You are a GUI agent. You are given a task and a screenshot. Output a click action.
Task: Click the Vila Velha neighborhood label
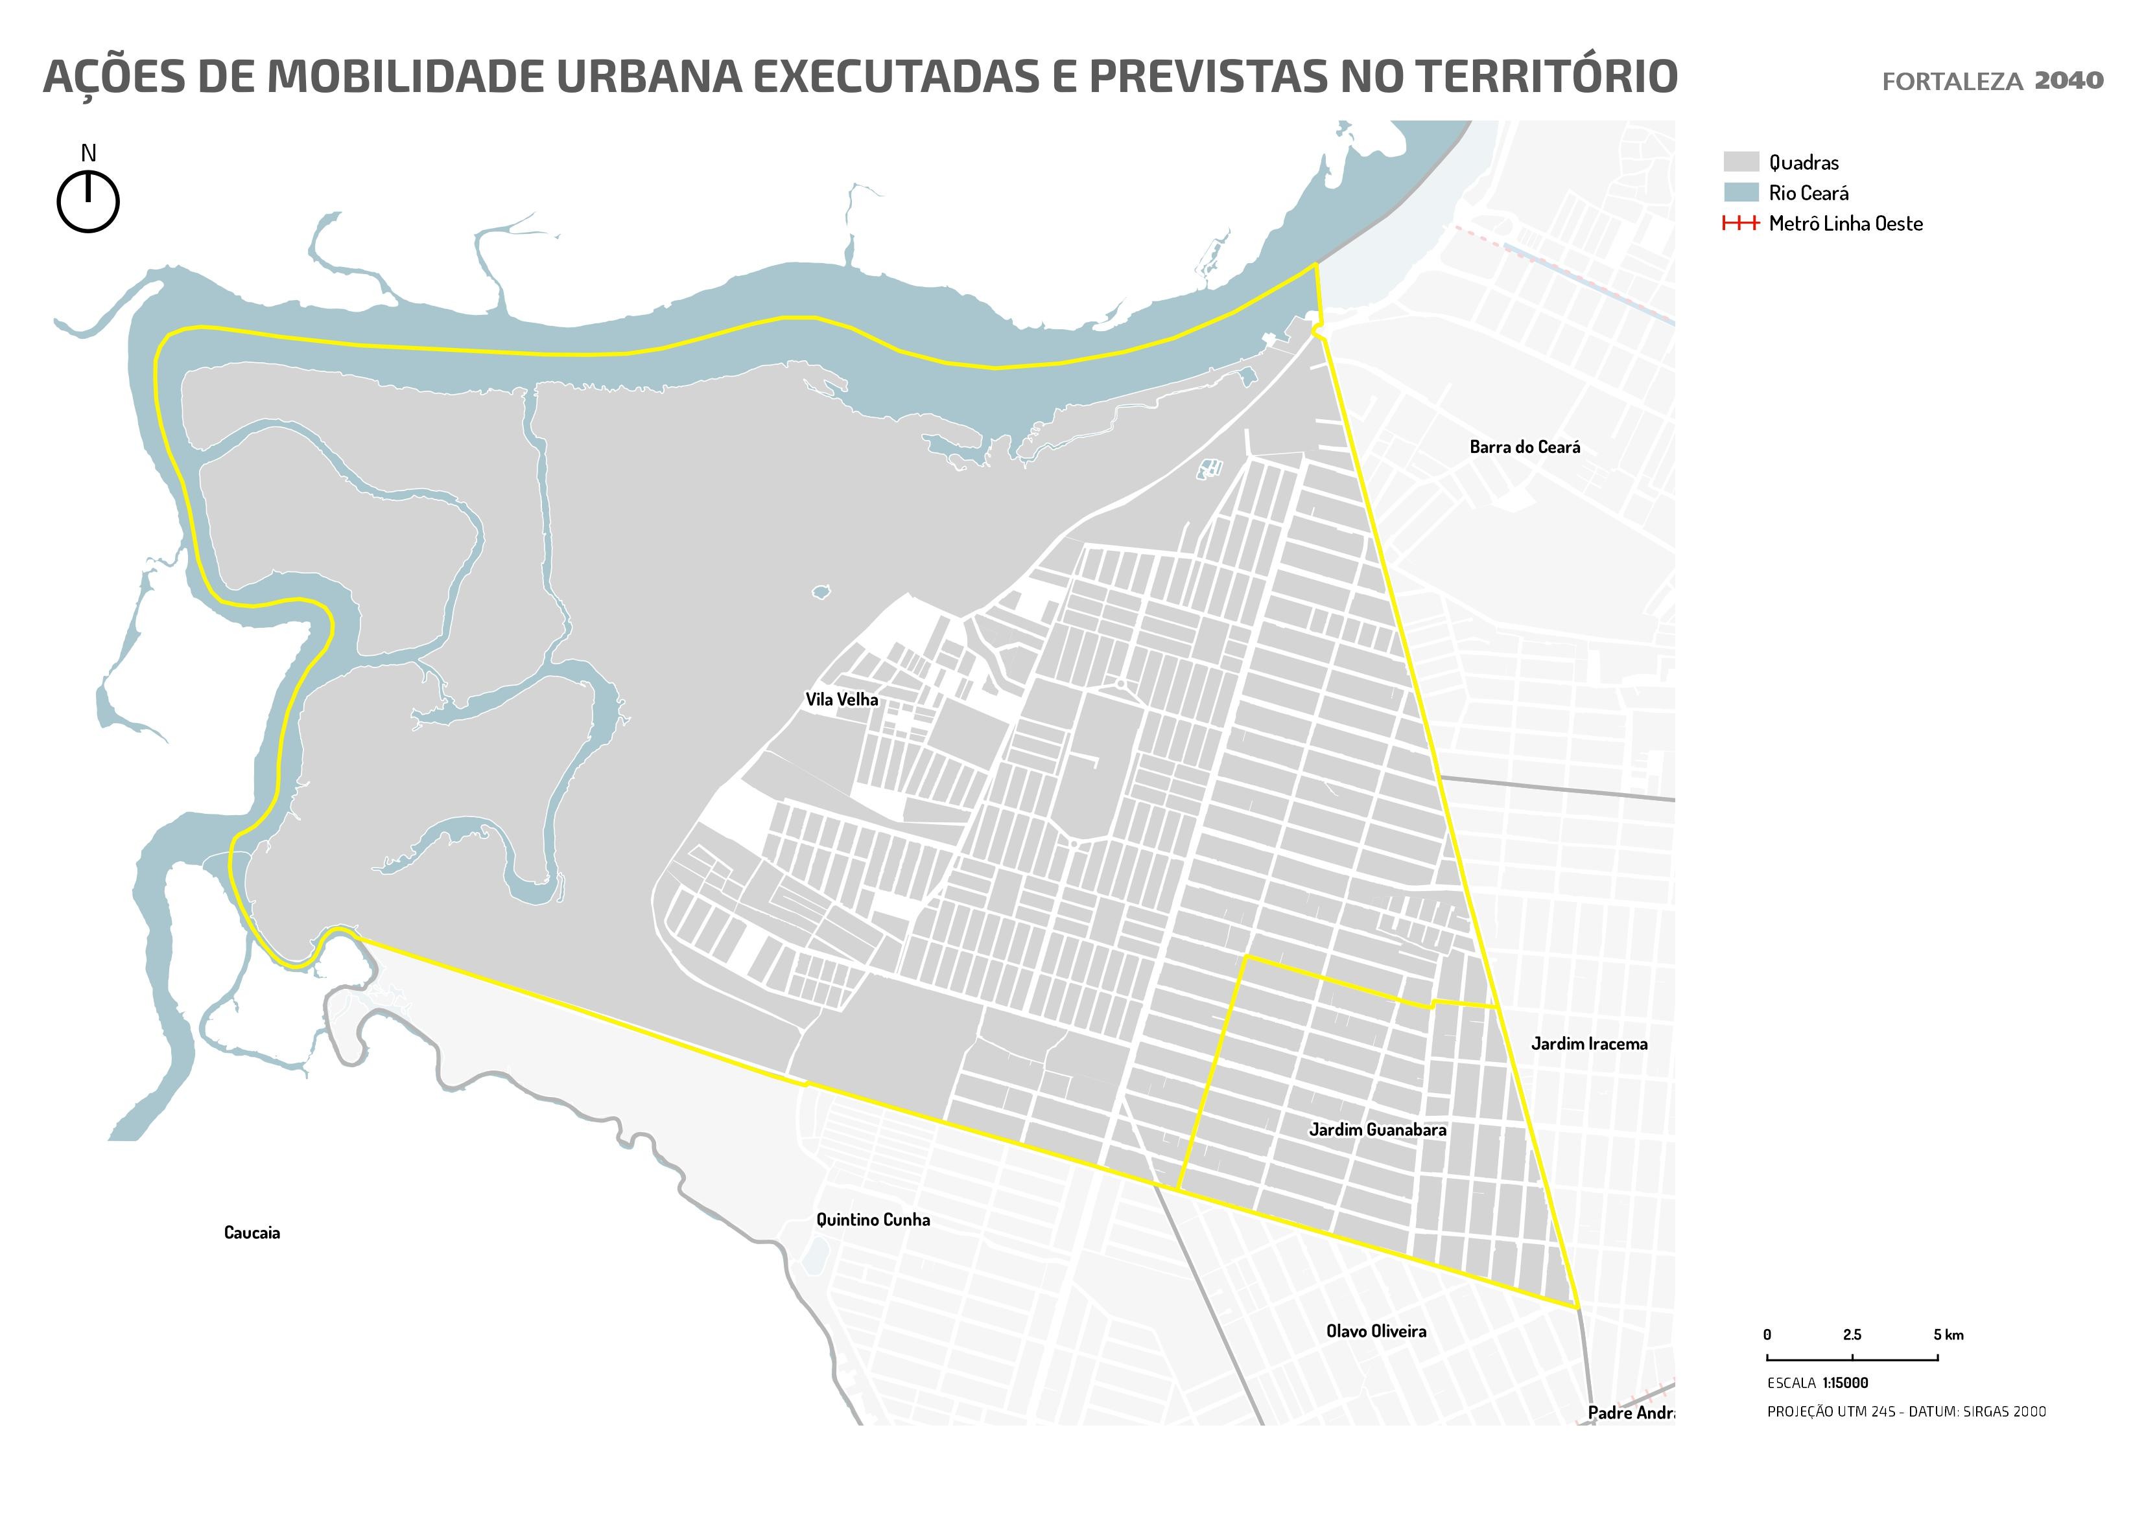tap(842, 699)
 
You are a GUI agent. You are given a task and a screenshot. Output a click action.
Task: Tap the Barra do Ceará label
tap(1524, 447)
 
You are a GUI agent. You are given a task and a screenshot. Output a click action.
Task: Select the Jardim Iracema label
tap(1588, 1044)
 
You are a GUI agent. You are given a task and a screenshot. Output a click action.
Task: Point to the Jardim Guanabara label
tap(1377, 1129)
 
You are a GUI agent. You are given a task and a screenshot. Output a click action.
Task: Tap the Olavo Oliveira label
tap(1376, 1331)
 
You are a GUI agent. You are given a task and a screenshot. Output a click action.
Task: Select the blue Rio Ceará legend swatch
tap(1741, 193)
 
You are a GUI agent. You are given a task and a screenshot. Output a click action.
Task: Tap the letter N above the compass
tap(89, 153)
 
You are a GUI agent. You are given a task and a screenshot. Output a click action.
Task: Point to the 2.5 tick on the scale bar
tap(1852, 1336)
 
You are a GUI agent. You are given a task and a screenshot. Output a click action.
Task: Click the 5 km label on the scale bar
tap(1948, 1336)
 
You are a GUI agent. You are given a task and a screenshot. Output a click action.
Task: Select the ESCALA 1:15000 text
tap(1817, 1383)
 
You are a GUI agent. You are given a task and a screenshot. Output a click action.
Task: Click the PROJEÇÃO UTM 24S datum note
tap(1906, 1411)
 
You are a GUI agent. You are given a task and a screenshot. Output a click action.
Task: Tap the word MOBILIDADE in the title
tap(407, 76)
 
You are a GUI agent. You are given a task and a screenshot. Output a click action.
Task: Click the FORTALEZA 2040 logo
tap(1992, 81)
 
